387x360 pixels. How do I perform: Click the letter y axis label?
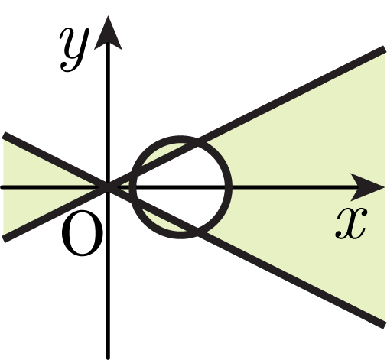pos(74,50)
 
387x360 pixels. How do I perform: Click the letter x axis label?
pos(351,223)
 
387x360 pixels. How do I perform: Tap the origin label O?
pos(82,233)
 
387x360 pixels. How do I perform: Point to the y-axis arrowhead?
pos(108,33)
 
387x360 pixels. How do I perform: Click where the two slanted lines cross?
pos(108,187)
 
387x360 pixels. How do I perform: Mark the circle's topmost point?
pos(180,139)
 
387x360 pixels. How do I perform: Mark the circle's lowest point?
pos(180,235)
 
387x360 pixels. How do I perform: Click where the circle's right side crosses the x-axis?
pos(229,187)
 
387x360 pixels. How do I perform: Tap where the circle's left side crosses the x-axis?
pos(133,187)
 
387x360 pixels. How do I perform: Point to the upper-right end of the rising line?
pos(384,49)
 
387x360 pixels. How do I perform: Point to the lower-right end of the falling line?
pos(384,326)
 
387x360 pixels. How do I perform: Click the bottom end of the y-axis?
pos(108,358)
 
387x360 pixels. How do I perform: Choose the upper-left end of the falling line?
pos(4,135)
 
